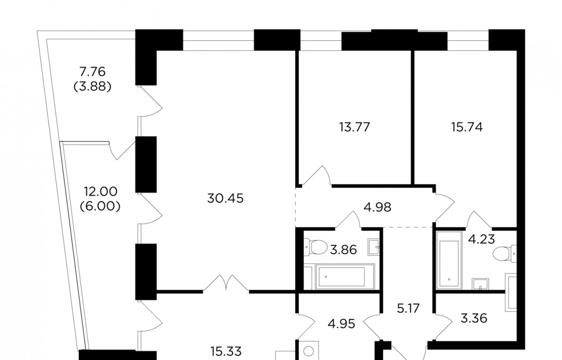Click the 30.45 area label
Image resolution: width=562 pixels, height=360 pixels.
tap(225, 198)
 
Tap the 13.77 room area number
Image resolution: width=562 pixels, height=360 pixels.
tap(354, 127)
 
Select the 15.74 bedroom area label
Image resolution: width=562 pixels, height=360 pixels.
tap(467, 127)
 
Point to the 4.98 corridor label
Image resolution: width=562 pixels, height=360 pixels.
tap(377, 208)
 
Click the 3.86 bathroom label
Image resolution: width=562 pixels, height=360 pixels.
tap(343, 250)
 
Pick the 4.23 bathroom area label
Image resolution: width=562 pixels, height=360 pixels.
tap(482, 239)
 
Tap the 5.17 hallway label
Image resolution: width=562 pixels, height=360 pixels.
tap(408, 308)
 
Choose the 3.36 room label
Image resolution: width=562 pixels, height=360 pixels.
tap(474, 318)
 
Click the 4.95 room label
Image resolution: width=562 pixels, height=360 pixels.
tap(342, 324)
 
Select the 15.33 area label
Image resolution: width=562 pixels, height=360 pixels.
tap(226, 352)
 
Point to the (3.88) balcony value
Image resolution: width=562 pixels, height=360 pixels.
tap(92, 87)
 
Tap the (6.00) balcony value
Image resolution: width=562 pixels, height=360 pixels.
tap(100, 206)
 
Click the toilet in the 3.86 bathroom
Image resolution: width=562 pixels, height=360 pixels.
tap(316, 247)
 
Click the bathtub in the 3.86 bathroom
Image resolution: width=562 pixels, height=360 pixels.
tap(345, 277)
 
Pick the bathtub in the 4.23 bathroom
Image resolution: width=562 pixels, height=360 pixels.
tap(449, 260)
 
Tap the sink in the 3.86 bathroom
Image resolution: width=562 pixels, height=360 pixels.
tap(374, 247)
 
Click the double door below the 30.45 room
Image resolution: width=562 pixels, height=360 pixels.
tap(226, 283)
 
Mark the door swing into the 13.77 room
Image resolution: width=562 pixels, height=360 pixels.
tap(317, 176)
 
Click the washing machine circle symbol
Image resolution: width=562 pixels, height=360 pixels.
tap(309, 351)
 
